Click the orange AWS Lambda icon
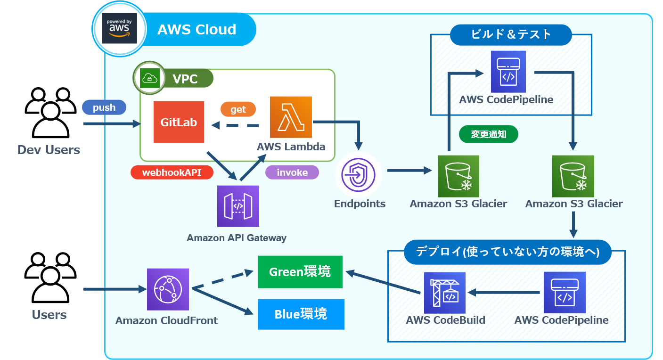(x=291, y=117)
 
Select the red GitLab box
(x=179, y=122)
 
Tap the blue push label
(x=104, y=107)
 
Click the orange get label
(x=238, y=109)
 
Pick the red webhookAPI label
(x=172, y=172)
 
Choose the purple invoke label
(x=292, y=172)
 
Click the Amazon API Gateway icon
(x=238, y=206)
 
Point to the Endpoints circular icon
(x=358, y=175)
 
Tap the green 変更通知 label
(x=489, y=134)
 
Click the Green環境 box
(x=300, y=272)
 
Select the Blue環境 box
(x=301, y=314)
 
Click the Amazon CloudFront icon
(x=168, y=289)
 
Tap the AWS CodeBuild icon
(x=444, y=293)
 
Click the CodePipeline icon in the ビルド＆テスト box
(x=508, y=72)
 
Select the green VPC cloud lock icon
(x=149, y=78)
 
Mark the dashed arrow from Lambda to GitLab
(x=236, y=125)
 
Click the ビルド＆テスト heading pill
(x=511, y=34)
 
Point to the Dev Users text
(x=49, y=150)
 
